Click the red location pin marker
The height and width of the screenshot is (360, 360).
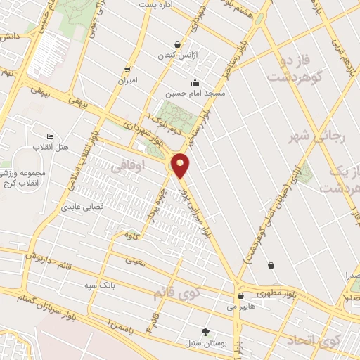[x=181, y=165]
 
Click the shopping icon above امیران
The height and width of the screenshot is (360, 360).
[x=127, y=69]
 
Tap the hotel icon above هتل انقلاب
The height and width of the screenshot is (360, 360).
[x=49, y=136]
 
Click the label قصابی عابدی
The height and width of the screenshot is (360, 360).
[x=83, y=207]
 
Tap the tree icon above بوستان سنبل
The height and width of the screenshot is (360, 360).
[x=206, y=331]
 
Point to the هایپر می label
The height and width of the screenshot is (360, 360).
[x=239, y=307]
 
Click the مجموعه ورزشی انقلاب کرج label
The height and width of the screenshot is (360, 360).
[x=24, y=179]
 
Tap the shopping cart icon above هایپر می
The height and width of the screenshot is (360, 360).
[x=240, y=296]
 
